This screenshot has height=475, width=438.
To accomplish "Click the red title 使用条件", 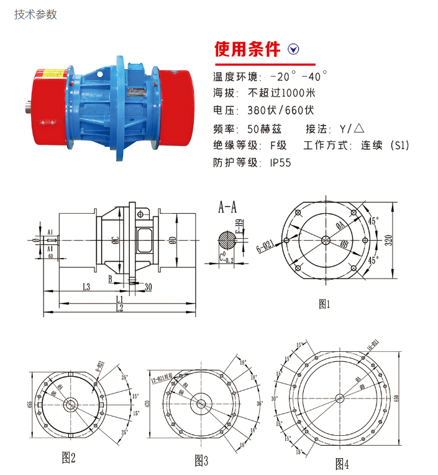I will pyautogui.click(x=247, y=49).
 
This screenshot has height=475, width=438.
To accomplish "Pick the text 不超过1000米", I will pyautogui.click(x=282, y=93).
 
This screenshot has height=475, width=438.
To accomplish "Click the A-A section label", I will pyautogui.click(x=227, y=208).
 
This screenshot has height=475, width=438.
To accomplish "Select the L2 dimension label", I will pyautogui.click(x=119, y=308).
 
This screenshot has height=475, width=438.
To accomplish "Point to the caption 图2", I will pyautogui.click(x=68, y=458).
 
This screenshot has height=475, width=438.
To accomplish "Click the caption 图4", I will pyautogui.click(x=342, y=463).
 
